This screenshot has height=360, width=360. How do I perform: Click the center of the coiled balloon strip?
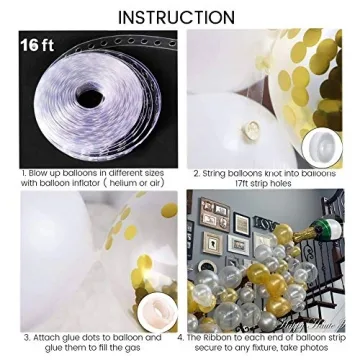[95, 100]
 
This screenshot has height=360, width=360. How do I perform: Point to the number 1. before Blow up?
[24, 172]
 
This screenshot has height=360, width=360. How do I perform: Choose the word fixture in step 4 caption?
[259, 348]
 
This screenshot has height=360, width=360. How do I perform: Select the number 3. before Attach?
[25, 338]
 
